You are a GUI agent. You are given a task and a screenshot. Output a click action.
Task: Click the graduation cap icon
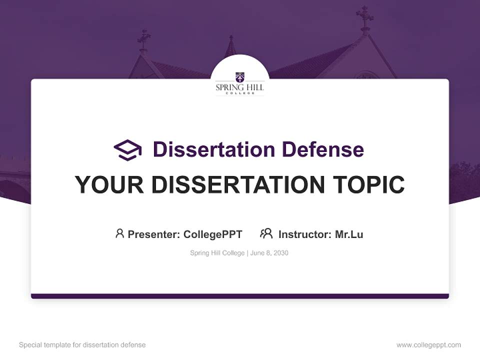pos(127,149)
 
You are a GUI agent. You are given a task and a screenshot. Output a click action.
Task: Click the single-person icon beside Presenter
pos(119,233)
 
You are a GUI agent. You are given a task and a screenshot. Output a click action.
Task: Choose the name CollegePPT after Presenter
pos(212,234)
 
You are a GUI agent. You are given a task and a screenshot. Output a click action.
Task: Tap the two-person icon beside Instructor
pos(266,233)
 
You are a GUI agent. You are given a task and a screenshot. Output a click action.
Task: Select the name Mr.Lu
pos(349,234)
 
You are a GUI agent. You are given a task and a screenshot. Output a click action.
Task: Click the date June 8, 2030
pos(269,253)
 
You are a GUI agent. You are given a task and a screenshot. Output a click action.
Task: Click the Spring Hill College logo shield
pos(240,77)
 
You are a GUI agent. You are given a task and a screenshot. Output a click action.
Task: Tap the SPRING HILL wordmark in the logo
pos(240,87)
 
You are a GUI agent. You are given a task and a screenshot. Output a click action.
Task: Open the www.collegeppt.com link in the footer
pos(428,345)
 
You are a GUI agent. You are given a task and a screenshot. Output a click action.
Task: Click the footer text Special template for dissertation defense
pos(82,345)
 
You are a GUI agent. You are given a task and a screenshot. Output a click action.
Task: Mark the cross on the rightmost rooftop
pos(364,16)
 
